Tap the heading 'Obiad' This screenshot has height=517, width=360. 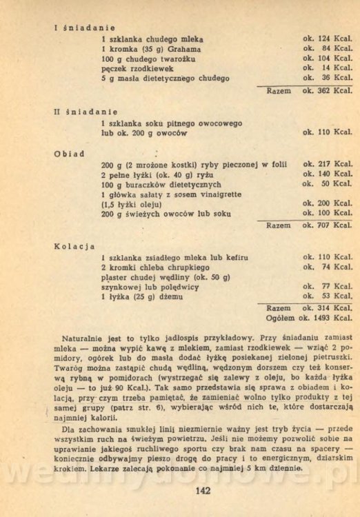pyautogui.click(x=69, y=153)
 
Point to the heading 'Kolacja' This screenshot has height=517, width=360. pyautogui.click(x=74, y=245)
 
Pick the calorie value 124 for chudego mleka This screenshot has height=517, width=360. pyautogui.click(x=326, y=39)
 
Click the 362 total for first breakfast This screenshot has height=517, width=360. pyautogui.click(x=326, y=90)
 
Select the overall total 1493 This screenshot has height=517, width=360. pyautogui.click(x=323, y=318)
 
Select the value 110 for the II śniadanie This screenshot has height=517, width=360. pyautogui.click(x=326, y=132)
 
